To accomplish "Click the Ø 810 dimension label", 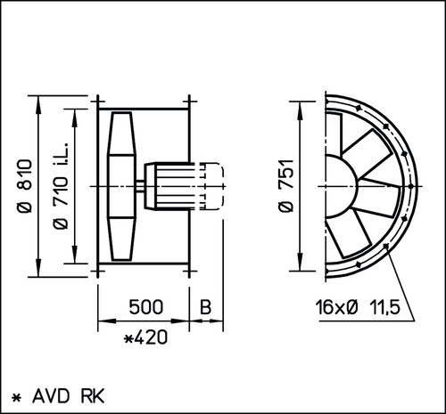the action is (25, 186).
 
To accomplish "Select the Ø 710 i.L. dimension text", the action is (61, 186).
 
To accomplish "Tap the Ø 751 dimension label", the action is (286, 186).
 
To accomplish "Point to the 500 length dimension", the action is (146, 306).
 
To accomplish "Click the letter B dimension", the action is (205, 307).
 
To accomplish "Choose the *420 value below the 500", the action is (145, 337).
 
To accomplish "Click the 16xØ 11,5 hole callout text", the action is (358, 307).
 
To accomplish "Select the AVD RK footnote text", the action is (69, 396).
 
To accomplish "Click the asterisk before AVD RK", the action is (17, 397).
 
